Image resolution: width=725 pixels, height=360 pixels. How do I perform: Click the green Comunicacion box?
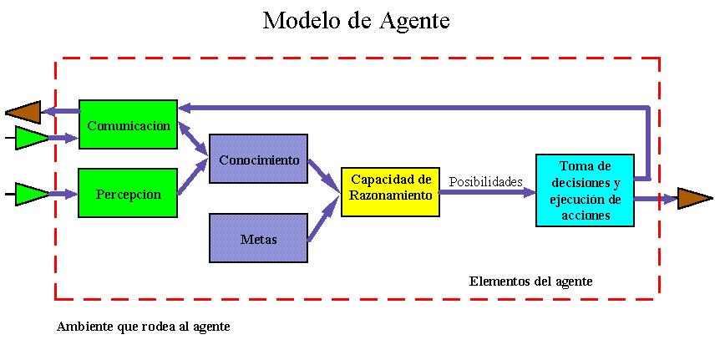pos(128,124)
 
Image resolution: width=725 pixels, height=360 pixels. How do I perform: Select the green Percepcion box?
pos(128,193)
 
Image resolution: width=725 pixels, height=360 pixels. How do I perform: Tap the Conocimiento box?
pos(258,158)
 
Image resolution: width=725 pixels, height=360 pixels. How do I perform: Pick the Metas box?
pos(258,238)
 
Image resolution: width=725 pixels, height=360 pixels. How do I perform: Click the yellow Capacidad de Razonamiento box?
pos(390,191)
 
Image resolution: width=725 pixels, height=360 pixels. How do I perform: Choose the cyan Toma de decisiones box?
pos(585,190)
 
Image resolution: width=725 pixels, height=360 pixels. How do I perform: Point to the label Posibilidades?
pos(485,181)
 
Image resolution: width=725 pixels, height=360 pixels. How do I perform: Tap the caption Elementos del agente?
pos(530,281)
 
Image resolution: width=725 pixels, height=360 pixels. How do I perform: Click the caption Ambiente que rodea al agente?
pos(143,327)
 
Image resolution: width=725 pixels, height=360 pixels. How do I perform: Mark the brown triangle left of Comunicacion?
pos(23,111)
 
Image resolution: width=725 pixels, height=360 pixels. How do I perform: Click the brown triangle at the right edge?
pos(694,198)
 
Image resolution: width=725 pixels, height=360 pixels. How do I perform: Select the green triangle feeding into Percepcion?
pos(33,194)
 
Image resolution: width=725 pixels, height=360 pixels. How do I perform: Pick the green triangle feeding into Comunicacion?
pos(33,138)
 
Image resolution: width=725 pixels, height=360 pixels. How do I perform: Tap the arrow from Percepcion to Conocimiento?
pos(193,176)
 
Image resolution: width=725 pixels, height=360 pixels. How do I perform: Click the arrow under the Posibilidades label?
pos(487,192)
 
